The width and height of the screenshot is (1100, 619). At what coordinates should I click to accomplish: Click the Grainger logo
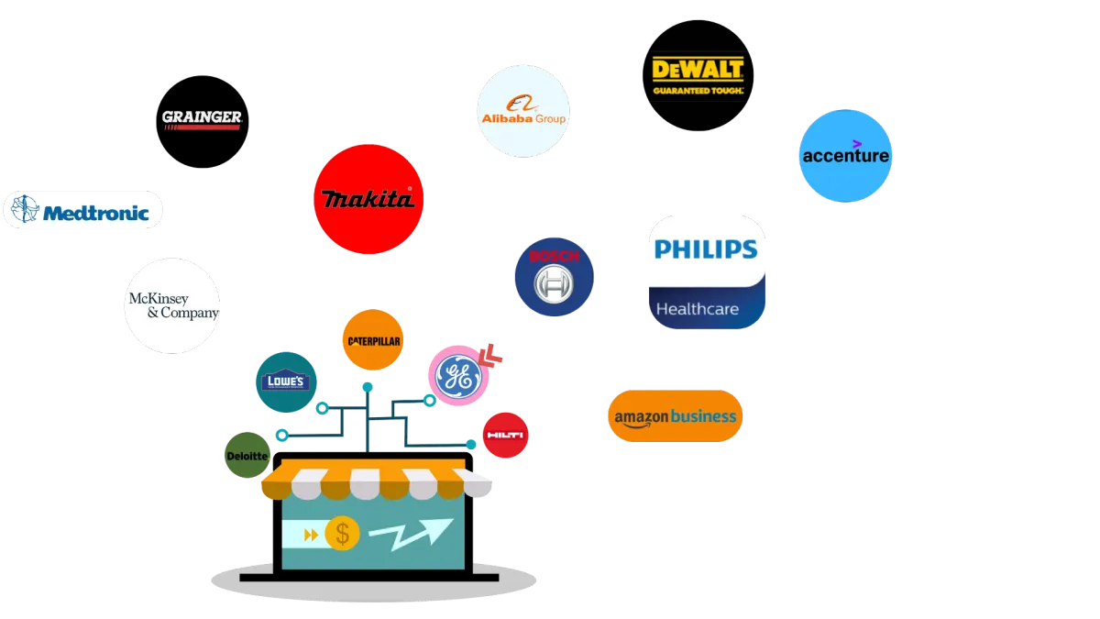[202, 119]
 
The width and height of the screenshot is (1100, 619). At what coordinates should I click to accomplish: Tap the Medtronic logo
[83, 211]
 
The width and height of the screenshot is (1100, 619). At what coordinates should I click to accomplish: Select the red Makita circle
[368, 199]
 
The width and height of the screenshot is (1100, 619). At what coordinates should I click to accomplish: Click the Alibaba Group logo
[523, 111]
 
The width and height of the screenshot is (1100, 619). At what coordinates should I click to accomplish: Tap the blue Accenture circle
[845, 157]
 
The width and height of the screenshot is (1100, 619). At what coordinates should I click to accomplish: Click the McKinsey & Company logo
[172, 305]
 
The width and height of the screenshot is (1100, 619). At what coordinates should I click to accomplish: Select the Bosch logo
[554, 277]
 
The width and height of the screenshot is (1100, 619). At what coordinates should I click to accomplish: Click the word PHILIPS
[706, 249]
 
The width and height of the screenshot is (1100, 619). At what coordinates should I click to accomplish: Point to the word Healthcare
[697, 309]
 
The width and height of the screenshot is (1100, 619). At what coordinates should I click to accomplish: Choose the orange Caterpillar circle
[371, 340]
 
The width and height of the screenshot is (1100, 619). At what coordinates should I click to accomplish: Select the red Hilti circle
[506, 435]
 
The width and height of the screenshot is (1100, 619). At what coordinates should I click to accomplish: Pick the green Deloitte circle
[247, 456]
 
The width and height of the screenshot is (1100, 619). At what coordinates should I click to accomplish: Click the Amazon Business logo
[675, 416]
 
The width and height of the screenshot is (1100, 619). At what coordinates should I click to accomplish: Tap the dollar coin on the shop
[342, 533]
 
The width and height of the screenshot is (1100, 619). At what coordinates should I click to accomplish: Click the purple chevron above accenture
[856, 143]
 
